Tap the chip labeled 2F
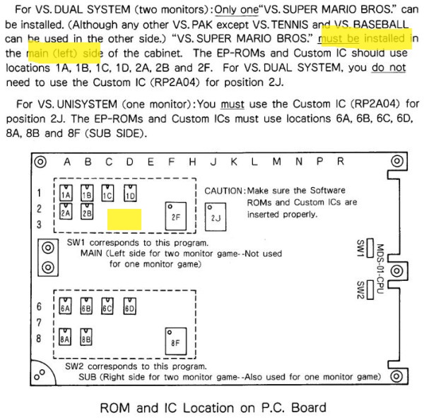tap(174, 215)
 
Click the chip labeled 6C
tap(108, 308)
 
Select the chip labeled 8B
tap(86, 339)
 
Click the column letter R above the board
tap(340, 162)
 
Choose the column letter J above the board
tap(213, 162)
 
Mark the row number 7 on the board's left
tap(40, 323)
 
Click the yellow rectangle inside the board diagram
tap(124, 218)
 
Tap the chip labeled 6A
tap(66, 308)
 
